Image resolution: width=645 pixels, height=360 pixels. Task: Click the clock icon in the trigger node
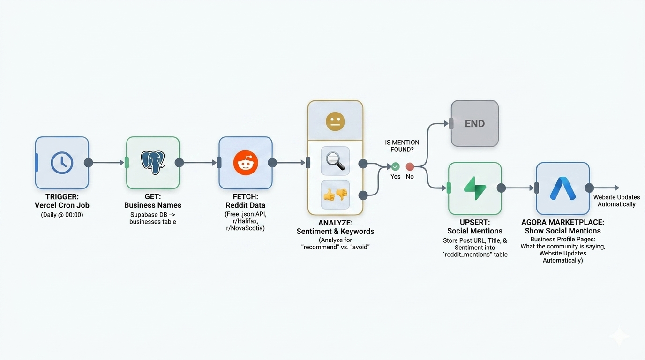coord(62,163)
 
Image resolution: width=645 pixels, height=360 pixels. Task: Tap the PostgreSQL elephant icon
coord(153,163)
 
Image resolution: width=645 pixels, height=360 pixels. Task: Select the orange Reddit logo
coord(246,163)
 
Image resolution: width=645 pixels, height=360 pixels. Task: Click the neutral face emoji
coord(335,121)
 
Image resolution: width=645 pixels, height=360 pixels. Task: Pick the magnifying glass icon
coord(335,161)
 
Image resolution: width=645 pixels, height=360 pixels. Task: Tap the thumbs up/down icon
coord(335,195)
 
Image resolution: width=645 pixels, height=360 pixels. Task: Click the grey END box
coord(474,124)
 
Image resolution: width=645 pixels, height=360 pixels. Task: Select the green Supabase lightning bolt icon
coord(475,188)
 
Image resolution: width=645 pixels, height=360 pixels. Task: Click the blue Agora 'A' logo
coord(562,188)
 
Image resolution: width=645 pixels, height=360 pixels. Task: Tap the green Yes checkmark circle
coord(396,166)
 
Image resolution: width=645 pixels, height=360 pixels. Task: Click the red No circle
coord(410,166)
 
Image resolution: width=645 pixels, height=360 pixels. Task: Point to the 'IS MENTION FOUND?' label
coord(402,146)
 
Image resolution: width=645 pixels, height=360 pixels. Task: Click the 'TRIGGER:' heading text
coord(62,196)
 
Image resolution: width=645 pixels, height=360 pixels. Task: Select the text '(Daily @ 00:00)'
coord(62,215)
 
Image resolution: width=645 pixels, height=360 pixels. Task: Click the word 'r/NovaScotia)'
coord(245,228)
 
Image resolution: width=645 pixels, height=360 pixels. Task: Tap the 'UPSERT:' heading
coord(474,222)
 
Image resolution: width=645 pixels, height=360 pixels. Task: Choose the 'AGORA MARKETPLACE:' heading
coord(562,222)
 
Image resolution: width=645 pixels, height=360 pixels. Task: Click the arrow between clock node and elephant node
coord(107,163)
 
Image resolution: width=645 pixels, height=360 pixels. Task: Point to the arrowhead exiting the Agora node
coord(616,188)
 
